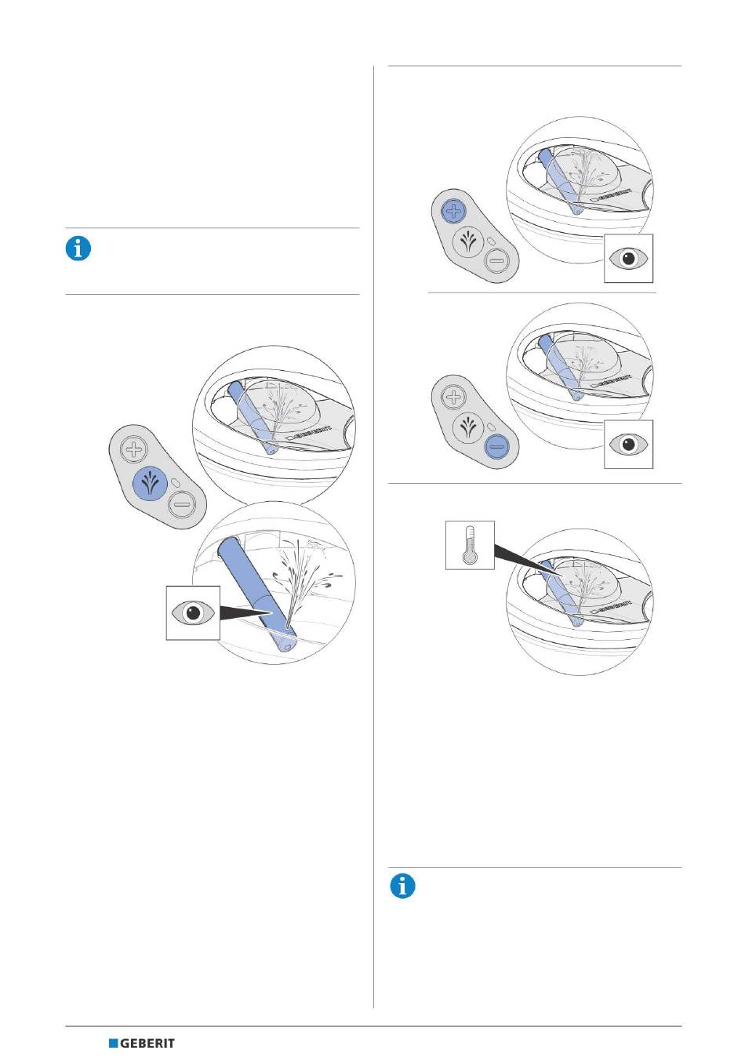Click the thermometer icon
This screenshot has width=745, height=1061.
pyautogui.click(x=470, y=545)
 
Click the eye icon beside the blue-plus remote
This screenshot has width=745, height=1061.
pyautogui.click(x=628, y=259)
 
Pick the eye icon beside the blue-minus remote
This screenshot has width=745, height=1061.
pyautogui.click(x=628, y=444)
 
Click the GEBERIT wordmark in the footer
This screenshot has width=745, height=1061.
pyautogui.click(x=147, y=1044)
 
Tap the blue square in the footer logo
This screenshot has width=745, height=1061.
pyautogui.click(x=113, y=1044)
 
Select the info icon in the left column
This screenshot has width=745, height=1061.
pyautogui.click(x=78, y=249)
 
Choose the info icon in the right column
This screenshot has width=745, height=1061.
pyautogui.click(x=402, y=886)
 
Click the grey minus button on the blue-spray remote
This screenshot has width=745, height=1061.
pyautogui.click(x=183, y=503)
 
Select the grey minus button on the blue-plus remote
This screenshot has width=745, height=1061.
pyautogui.click(x=496, y=262)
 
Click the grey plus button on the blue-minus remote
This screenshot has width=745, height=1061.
pyautogui.click(x=454, y=397)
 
